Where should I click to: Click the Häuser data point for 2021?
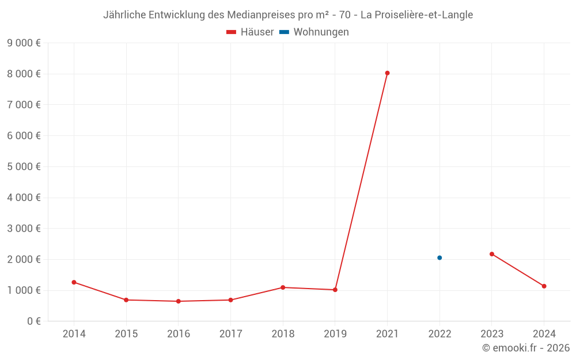[387, 73]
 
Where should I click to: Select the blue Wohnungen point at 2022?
[439, 258]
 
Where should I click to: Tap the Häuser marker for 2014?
[74, 282]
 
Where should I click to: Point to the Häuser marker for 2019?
[335, 290]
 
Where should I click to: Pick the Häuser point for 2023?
[492, 254]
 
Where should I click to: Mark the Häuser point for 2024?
[544, 286]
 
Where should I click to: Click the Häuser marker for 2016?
[178, 301]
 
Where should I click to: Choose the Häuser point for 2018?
[283, 287]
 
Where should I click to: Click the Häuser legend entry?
[250, 32]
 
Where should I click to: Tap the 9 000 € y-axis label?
[24, 43]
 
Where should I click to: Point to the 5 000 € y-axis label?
[24, 166]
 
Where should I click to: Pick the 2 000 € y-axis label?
[24, 259]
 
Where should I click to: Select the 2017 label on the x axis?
[230, 334]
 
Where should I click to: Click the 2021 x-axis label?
[387, 334]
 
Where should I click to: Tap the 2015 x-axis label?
[126, 334]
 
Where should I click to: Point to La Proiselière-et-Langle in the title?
[416, 15]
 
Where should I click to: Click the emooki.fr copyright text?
[525, 348]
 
